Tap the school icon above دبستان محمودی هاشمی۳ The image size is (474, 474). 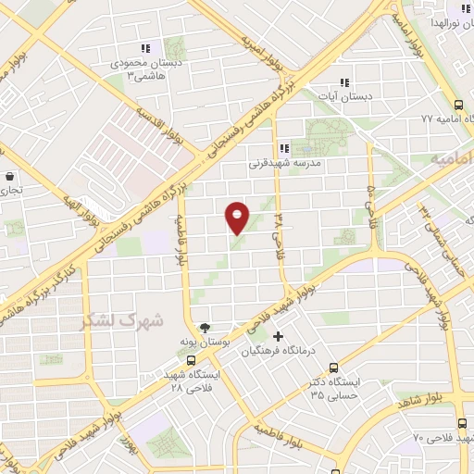point(144,48)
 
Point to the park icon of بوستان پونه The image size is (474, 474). point(206,327)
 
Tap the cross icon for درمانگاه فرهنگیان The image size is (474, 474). point(277,336)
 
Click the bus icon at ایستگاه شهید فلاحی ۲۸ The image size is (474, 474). point(191,361)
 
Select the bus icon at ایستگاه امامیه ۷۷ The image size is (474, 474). point(459,105)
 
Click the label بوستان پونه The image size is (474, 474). point(206,343)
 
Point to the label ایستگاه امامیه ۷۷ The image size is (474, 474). point(427,118)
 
